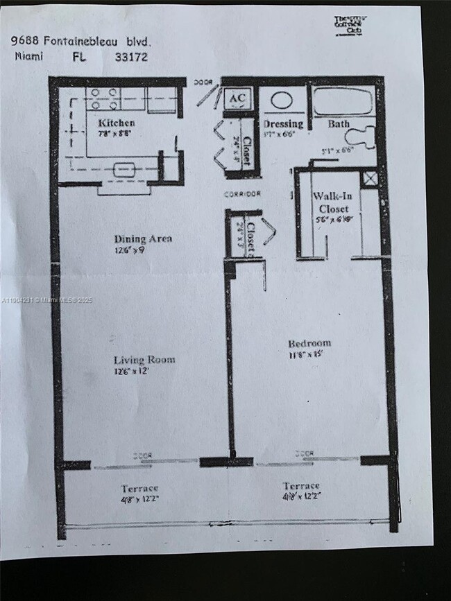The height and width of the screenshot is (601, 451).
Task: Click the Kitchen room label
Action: tap(116, 123)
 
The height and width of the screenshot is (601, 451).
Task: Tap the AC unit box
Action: tap(236, 98)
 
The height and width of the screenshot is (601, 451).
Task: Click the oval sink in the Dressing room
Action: tap(281, 99)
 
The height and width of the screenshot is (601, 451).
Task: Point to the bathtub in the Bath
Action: tap(342, 101)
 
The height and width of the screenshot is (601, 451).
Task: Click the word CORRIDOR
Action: tap(242, 194)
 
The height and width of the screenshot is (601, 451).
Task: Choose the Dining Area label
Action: tap(143, 239)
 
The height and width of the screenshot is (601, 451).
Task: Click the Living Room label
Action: tap(144, 360)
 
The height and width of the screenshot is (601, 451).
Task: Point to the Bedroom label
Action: tap(309, 343)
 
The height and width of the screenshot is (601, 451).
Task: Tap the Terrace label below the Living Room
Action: tap(139, 488)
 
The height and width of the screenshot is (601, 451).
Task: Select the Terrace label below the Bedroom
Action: tap(300, 486)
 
